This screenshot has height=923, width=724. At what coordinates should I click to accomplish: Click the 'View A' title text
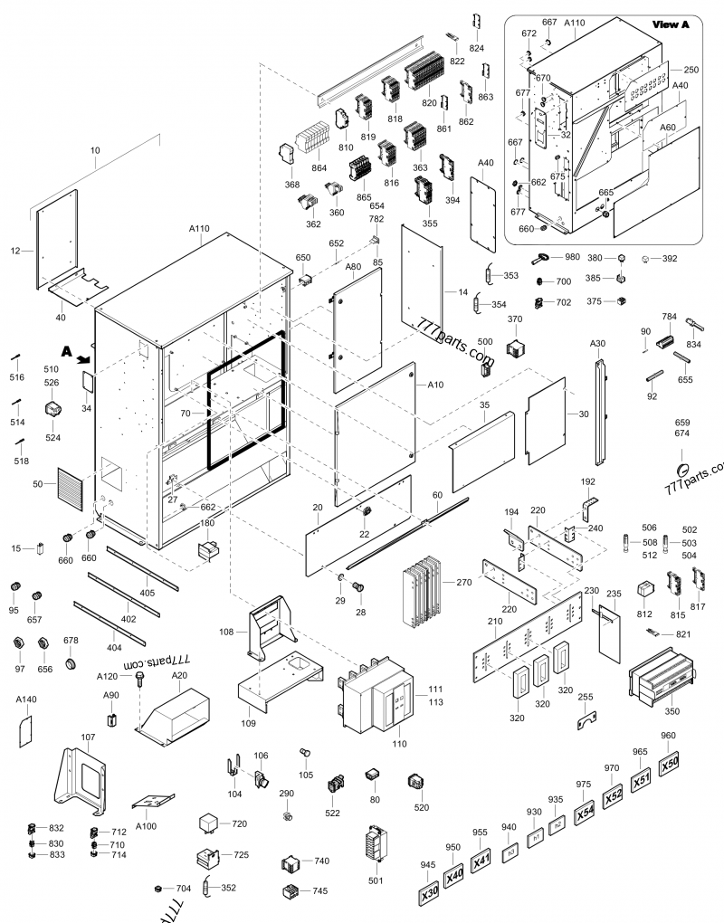(671, 24)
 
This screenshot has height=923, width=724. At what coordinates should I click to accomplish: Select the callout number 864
(318, 168)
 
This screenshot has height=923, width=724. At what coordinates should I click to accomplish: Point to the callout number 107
(88, 737)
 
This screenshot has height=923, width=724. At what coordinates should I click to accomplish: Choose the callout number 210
(494, 623)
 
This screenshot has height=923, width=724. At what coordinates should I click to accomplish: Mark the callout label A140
(26, 699)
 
